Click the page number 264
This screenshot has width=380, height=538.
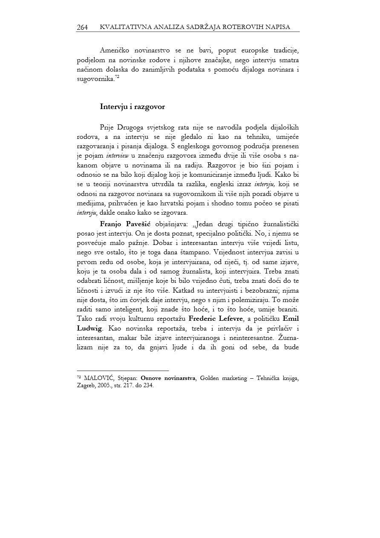coord(82,27)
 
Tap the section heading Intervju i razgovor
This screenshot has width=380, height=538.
coord(132,106)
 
